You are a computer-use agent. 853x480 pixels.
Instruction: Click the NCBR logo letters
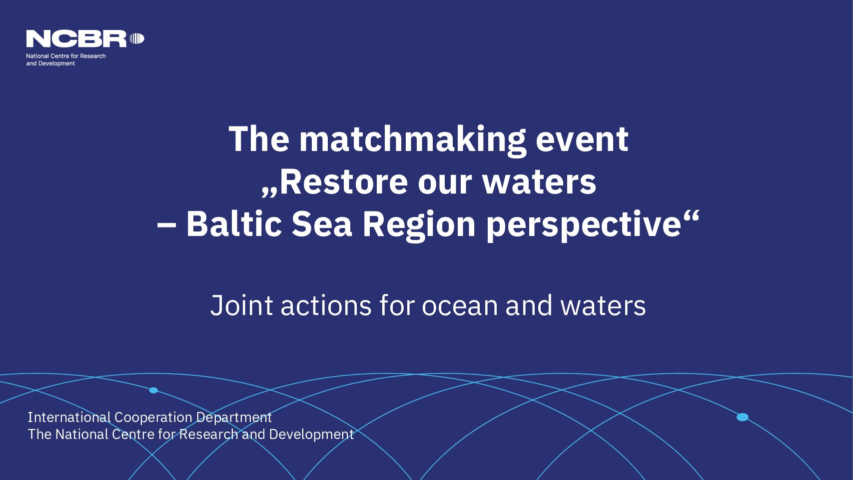(x=76, y=39)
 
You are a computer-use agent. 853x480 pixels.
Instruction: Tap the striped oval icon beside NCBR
(x=137, y=38)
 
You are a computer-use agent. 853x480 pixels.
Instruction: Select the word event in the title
(x=582, y=140)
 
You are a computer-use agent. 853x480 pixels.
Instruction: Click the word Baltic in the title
(x=234, y=224)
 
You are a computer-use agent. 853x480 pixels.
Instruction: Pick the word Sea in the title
(x=322, y=224)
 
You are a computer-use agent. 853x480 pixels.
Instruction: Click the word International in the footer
(x=69, y=417)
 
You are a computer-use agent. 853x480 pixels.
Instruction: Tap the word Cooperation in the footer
(x=153, y=418)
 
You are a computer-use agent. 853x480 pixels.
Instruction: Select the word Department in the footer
(x=234, y=418)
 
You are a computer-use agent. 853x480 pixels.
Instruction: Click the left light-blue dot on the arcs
(x=153, y=390)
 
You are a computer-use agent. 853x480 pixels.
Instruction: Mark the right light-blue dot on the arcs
(x=743, y=417)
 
